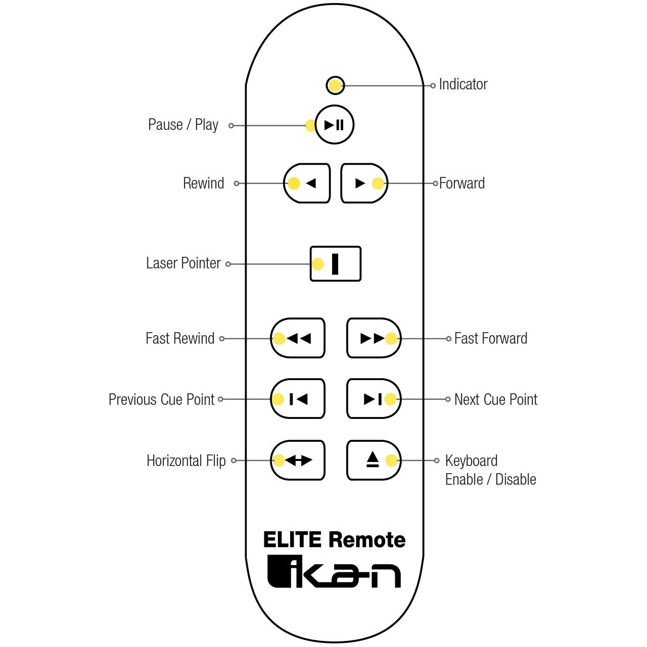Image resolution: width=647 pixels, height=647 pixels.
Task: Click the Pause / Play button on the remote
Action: coord(335,124)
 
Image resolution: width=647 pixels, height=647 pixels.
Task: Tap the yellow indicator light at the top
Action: coord(335,85)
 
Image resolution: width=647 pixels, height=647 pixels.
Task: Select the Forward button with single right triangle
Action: coord(364,183)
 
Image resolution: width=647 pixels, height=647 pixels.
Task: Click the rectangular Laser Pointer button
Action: coord(336,263)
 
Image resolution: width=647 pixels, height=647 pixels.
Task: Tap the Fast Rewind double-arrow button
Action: coord(298,338)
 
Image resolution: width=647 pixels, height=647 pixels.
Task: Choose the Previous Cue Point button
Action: coord(298,398)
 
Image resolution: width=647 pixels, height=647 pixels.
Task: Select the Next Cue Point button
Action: coord(374,398)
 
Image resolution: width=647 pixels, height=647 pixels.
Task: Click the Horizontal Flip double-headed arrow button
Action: coord(298,460)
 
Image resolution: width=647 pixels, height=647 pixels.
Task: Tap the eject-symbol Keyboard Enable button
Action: coord(374,460)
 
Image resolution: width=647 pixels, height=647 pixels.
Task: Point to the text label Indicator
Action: coord(463,84)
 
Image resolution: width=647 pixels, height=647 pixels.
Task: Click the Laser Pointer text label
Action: coord(183,263)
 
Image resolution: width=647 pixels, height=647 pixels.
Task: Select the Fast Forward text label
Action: coord(490,338)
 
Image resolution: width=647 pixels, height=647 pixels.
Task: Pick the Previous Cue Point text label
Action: coord(162,399)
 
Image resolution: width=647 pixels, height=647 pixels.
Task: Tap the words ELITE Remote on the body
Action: coord(335,539)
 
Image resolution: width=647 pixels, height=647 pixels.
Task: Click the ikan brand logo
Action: coord(334,572)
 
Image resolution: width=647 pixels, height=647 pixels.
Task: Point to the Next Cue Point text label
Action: coord(496,399)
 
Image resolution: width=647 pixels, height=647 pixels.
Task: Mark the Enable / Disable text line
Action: coord(490,479)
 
